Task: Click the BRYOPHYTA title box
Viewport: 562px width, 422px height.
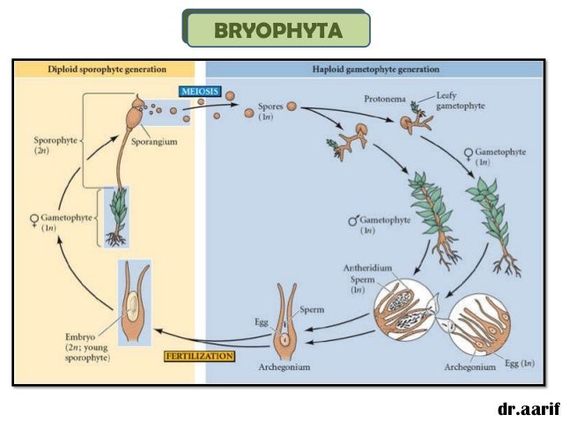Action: pyautogui.click(x=277, y=30)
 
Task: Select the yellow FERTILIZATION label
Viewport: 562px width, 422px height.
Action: pyautogui.click(x=198, y=357)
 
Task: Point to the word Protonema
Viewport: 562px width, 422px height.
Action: pyautogui.click(x=385, y=100)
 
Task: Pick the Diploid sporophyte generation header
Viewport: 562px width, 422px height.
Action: pyautogui.click(x=108, y=68)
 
